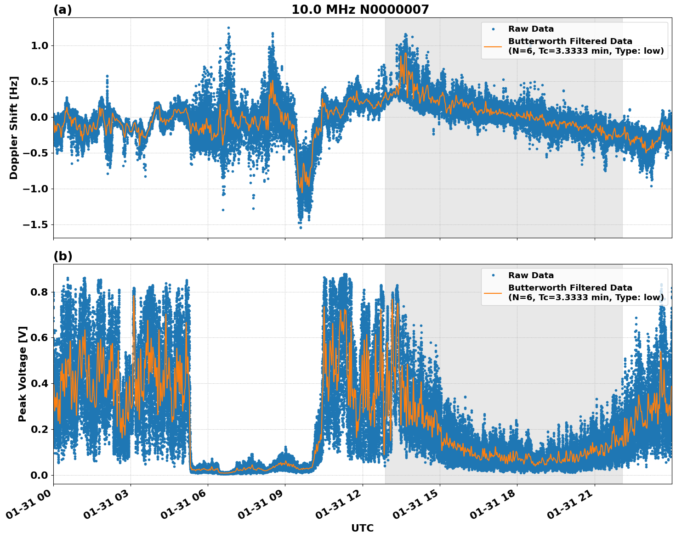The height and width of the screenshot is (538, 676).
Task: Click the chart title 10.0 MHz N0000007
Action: click(360, 10)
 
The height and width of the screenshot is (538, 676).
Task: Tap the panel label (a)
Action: click(62, 10)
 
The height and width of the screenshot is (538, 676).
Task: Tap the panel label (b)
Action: click(62, 256)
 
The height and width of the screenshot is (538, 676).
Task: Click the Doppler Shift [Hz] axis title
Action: click(14, 128)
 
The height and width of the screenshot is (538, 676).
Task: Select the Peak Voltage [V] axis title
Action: click(23, 374)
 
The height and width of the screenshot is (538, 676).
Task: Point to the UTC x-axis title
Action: click(362, 528)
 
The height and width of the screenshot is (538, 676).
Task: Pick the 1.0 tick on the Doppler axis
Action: click(40, 45)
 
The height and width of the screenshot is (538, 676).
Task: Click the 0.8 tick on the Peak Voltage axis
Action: click(40, 292)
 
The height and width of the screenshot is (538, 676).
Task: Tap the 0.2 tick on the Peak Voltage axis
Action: click(40, 429)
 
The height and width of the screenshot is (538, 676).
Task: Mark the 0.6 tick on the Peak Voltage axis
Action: click(40, 338)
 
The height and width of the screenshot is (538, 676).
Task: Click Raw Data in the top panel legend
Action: click(531, 29)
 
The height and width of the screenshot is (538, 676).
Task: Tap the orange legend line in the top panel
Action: click(493, 46)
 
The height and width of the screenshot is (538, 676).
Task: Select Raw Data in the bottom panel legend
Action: click(531, 275)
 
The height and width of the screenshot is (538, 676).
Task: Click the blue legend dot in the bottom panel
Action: click(493, 275)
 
